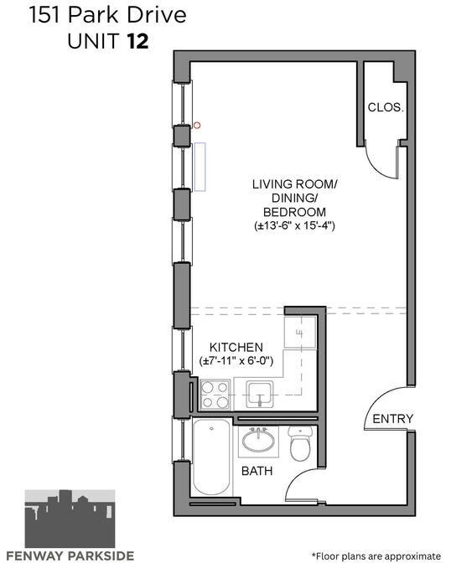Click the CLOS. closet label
click(x=386, y=107)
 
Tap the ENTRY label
click(x=393, y=419)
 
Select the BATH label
click(x=257, y=471)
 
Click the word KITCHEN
click(x=236, y=347)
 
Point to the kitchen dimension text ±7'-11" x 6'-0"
click(x=236, y=361)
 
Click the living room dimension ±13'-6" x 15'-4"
click(x=294, y=225)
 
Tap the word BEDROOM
click(x=294, y=212)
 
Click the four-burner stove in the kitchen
click(x=215, y=395)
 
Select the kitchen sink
click(x=259, y=394)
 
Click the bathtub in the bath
click(x=212, y=457)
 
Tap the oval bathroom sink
click(x=258, y=441)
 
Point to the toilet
click(x=300, y=443)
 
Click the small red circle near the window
click(x=197, y=126)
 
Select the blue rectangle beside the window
click(x=200, y=167)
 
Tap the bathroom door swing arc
click(x=295, y=478)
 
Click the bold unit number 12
click(x=138, y=41)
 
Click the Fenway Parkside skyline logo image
click(x=70, y=519)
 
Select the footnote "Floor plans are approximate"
click(x=376, y=556)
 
